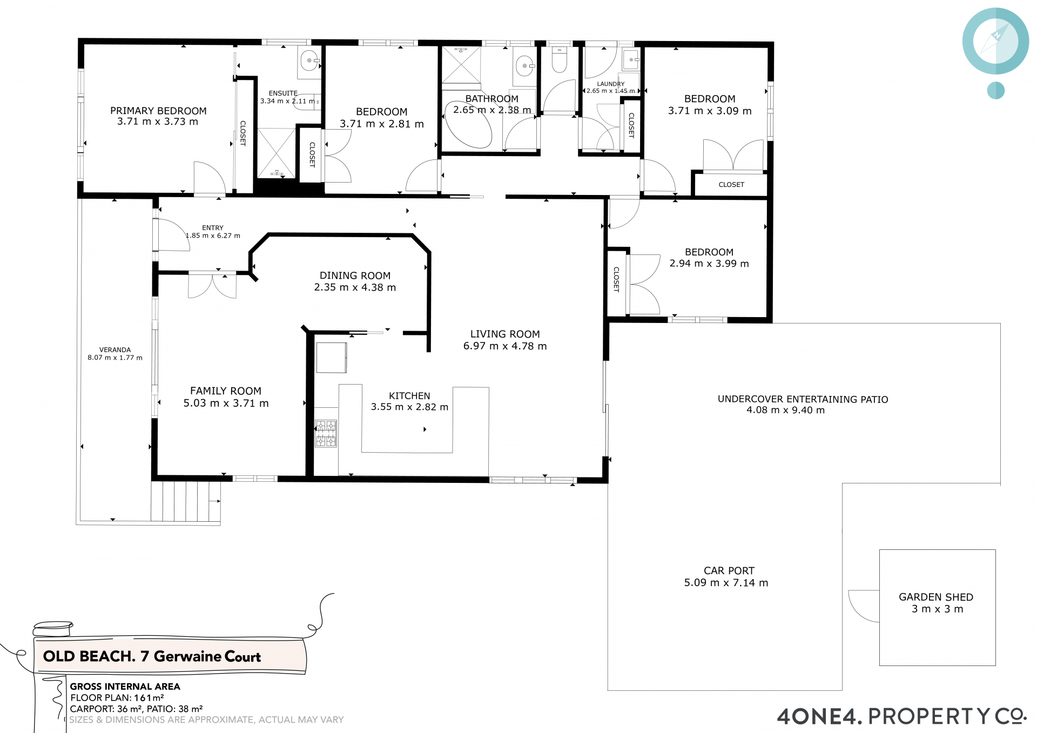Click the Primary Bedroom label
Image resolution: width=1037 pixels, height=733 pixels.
158,111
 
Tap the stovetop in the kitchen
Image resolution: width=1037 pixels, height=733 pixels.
326,434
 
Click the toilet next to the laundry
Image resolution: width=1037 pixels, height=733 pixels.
559,59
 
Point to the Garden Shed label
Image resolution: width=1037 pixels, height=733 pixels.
936,597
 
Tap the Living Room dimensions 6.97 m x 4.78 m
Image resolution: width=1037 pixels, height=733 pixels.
505,346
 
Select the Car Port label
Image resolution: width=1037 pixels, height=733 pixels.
729,570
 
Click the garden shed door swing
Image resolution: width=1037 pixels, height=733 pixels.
863,606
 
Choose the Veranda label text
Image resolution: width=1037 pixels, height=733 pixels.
115,350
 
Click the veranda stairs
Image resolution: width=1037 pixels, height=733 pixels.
186,501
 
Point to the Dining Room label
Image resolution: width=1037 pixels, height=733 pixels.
355,275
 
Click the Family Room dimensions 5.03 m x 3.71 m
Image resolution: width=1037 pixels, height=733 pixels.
226,403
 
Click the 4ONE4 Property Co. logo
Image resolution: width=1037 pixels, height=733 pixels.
901,716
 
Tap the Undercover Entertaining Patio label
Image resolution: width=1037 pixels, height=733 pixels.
803,399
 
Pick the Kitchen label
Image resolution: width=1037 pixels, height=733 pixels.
409,396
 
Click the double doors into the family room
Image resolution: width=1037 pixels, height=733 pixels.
212,285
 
